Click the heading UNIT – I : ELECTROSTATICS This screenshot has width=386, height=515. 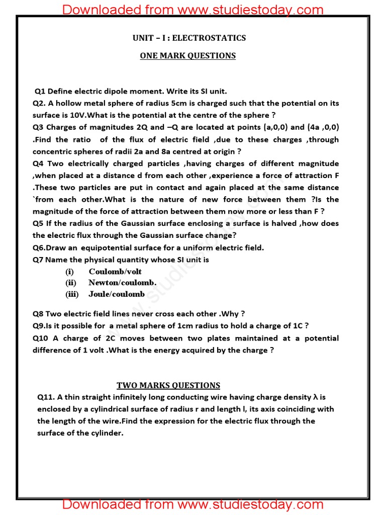[189, 38]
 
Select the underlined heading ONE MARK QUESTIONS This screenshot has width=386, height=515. [187, 56]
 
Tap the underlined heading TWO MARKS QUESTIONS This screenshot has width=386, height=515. [168, 385]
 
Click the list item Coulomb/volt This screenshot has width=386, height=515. [115, 272]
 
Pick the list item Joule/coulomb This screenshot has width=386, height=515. [116, 294]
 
